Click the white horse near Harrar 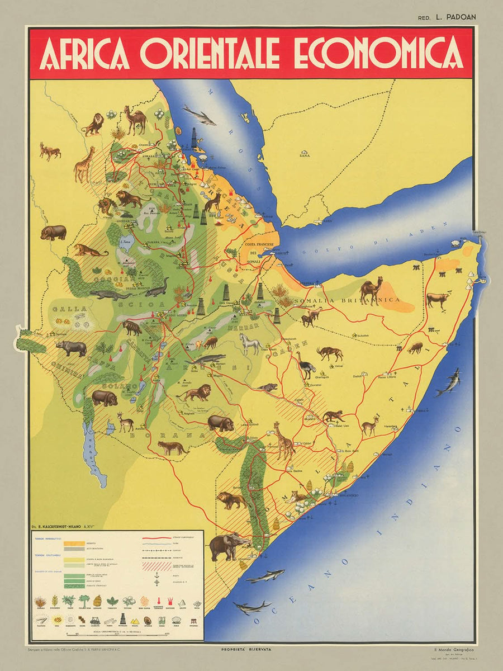click(250, 344)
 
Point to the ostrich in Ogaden click(305, 365)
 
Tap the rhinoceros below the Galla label click(72, 348)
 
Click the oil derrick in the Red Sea click(194, 136)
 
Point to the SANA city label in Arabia click(304, 156)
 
